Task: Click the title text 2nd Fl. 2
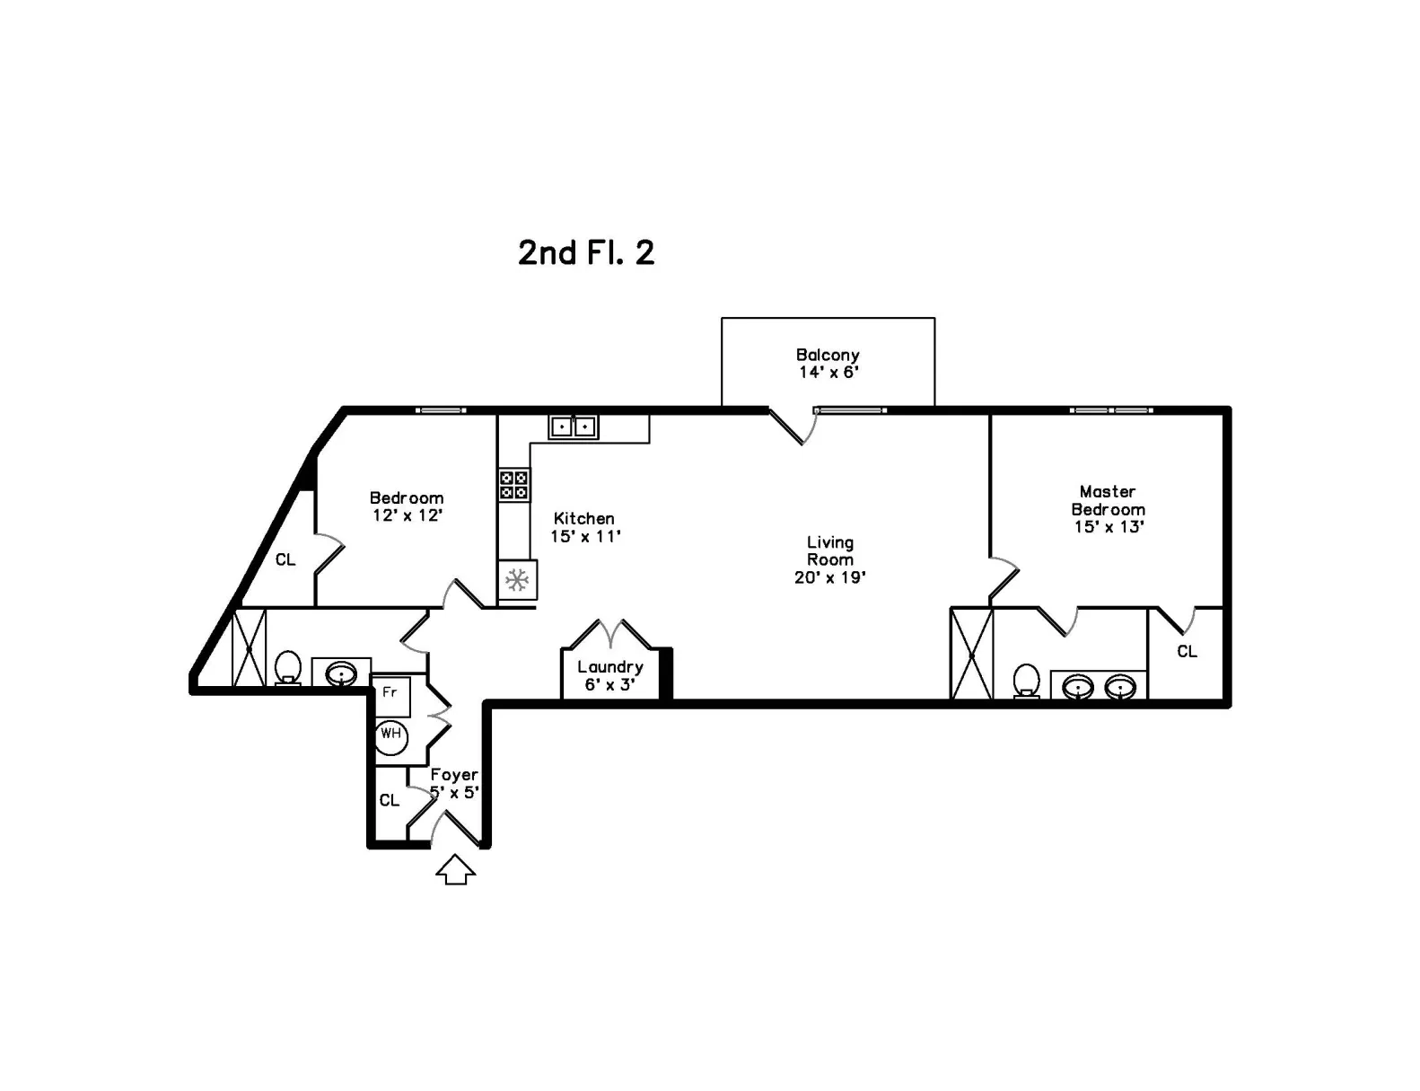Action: click(586, 252)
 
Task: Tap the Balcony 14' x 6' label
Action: click(828, 364)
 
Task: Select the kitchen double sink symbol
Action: click(573, 427)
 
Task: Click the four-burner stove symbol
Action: click(513, 484)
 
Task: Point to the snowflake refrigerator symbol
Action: click(518, 580)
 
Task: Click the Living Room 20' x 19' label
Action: click(830, 559)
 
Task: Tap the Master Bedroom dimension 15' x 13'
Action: click(1109, 527)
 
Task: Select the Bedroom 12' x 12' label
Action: click(408, 506)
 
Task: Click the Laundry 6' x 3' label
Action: click(610, 676)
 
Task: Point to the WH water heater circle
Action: click(390, 737)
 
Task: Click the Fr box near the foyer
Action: click(390, 697)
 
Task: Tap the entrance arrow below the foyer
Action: click(455, 869)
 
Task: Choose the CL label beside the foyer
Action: click(390, 800)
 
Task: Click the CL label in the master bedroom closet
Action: click(1188, 651)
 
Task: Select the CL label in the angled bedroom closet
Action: click(285, 559)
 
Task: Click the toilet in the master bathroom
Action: click(1027, 682)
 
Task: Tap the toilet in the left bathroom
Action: click(288, 667)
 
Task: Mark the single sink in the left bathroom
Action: click(341, 673)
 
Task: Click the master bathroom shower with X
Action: click(972, 654)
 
